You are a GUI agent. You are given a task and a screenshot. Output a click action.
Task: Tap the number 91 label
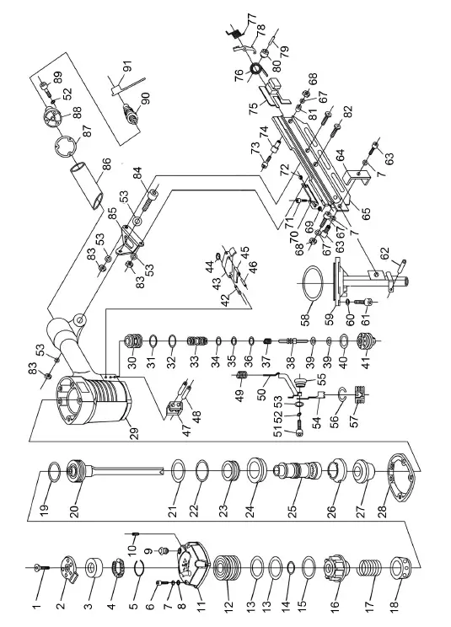coord(126,66)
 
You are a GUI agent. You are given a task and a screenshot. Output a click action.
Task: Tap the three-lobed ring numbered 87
coord(65,148)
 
